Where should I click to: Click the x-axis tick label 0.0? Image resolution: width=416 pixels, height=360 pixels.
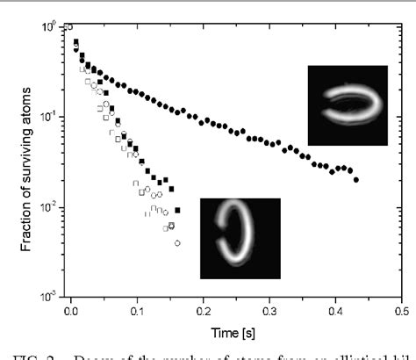click(x=71, y=310)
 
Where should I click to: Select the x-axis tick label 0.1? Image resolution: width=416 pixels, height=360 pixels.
click(x=137, y=310)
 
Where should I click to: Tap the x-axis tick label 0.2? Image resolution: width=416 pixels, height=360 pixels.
click(x=203, y=310)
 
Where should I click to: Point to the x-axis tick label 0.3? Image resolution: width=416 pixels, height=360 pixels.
click(x=269, y=310)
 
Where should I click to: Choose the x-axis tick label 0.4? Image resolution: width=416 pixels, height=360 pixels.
click(x=335, y=310)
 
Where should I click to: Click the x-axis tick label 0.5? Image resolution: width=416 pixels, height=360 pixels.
click(x=401, y=310)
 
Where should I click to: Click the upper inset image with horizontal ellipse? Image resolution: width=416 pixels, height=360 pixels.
click(x=348, y=105)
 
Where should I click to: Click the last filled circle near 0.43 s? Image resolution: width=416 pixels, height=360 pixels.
click(x=355, y=179)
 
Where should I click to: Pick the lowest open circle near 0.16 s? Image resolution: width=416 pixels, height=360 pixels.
click(x=178, y=242)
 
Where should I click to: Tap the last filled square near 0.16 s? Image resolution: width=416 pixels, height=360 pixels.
click(x=178, y=211)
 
